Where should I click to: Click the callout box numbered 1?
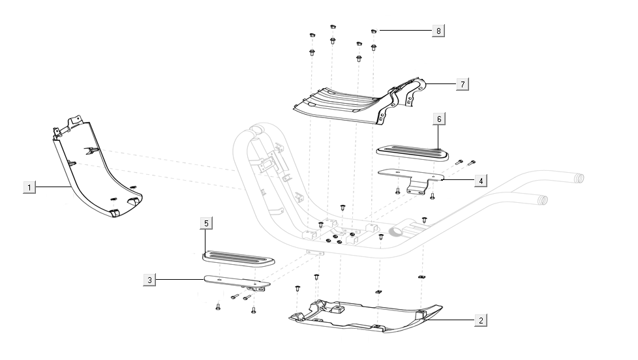(29, 187)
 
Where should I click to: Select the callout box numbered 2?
(481, 320)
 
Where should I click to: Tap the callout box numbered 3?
(150, 280)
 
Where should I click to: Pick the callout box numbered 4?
(479, 179)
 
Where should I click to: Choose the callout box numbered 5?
(206, 224)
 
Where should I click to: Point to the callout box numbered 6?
(439, 119)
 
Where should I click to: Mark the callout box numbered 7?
(462, 85)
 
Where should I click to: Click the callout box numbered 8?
(438, 31)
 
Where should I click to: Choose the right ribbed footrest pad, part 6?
(412, 152)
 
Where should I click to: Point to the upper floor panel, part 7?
(346, 104)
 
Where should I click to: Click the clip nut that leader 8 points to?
(374, 30)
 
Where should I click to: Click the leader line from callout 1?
(52, 187)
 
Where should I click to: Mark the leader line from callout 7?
(440, 84)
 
